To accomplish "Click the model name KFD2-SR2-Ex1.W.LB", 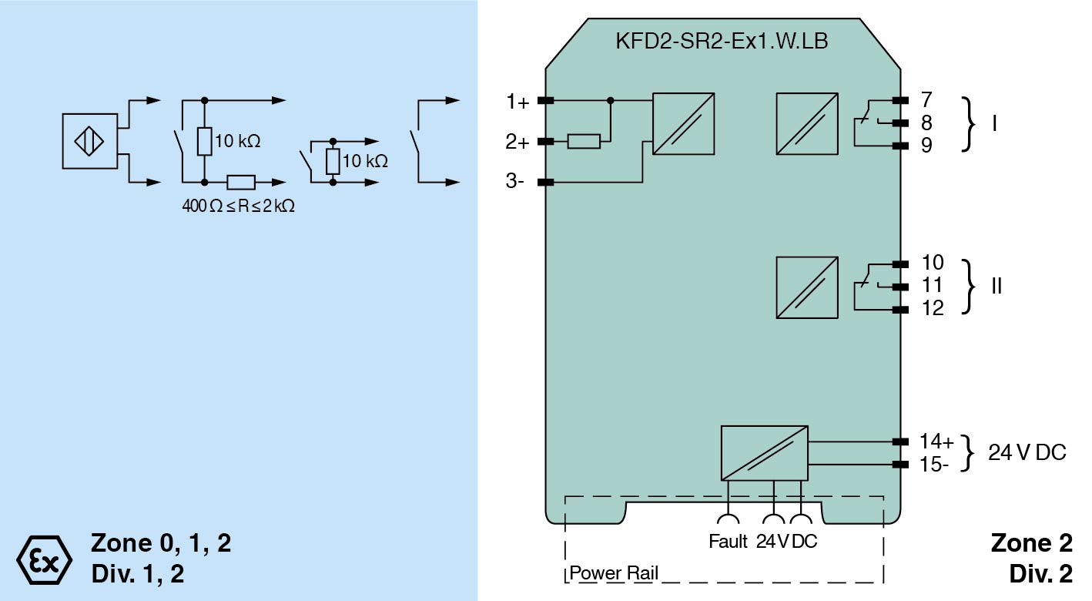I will (722, 41).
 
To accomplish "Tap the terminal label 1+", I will (518, 101).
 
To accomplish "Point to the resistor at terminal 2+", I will (584, 141).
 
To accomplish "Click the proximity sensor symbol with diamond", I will (89, 141).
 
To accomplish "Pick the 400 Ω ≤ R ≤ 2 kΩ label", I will (238, 206).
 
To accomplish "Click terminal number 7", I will (926, 99).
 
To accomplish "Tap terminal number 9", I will (926, 144).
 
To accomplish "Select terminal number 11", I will (932, 286).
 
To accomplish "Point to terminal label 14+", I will (936, 442).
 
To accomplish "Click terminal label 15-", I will (934, 465).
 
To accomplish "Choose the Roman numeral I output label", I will (995, 123).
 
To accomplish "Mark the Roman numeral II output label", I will (997, 286).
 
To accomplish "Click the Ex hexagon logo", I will (44, 557).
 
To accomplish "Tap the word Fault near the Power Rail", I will (728, 542).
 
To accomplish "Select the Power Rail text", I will (614, 574).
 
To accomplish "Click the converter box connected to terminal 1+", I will (683, 124).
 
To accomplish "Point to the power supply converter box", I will (764, 452).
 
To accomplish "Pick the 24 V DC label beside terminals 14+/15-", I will (1027, 453).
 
